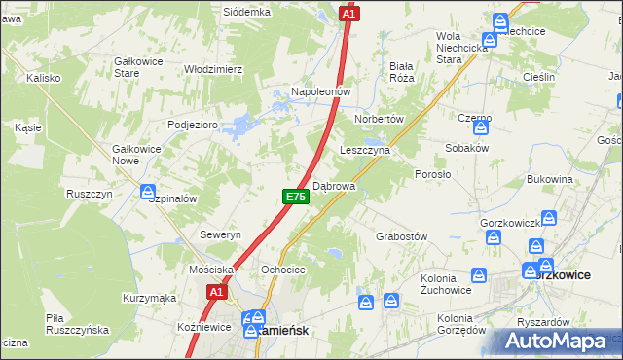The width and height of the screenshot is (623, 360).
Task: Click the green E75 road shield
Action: click(296, 197)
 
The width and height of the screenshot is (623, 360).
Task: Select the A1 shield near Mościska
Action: click(217, 290)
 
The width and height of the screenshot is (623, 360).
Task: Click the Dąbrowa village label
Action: click(334, 185)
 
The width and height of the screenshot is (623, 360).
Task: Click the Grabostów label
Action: click(402, 236)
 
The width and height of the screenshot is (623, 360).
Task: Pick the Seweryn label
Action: click(220, 235)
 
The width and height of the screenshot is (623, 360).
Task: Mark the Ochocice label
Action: click(283, 270)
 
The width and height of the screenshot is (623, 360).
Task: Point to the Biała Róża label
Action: click(402, 72)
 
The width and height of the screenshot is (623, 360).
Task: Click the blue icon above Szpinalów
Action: click(147, 191)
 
